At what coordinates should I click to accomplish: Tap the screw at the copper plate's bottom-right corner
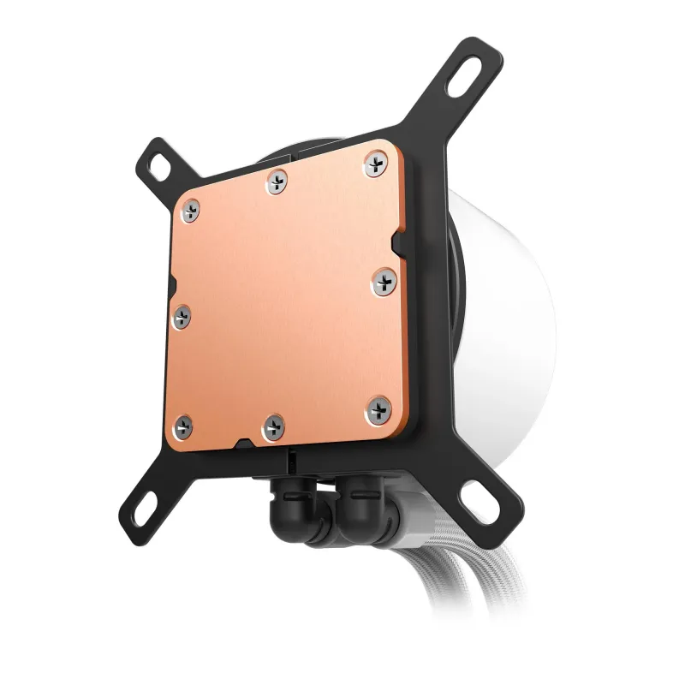pyautogui.click(x=378, y=407)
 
